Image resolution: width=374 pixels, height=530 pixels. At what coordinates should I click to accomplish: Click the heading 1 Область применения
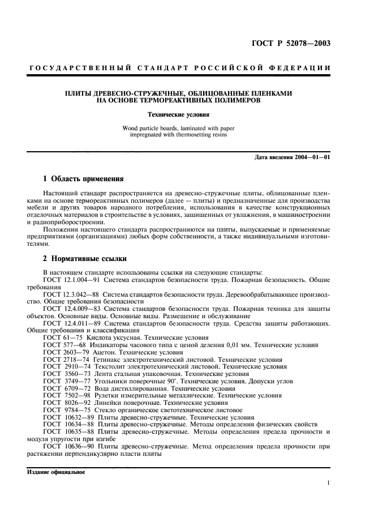tap(84, 179)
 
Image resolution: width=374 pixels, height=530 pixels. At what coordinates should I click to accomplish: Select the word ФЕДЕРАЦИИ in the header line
tap(304, 69)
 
